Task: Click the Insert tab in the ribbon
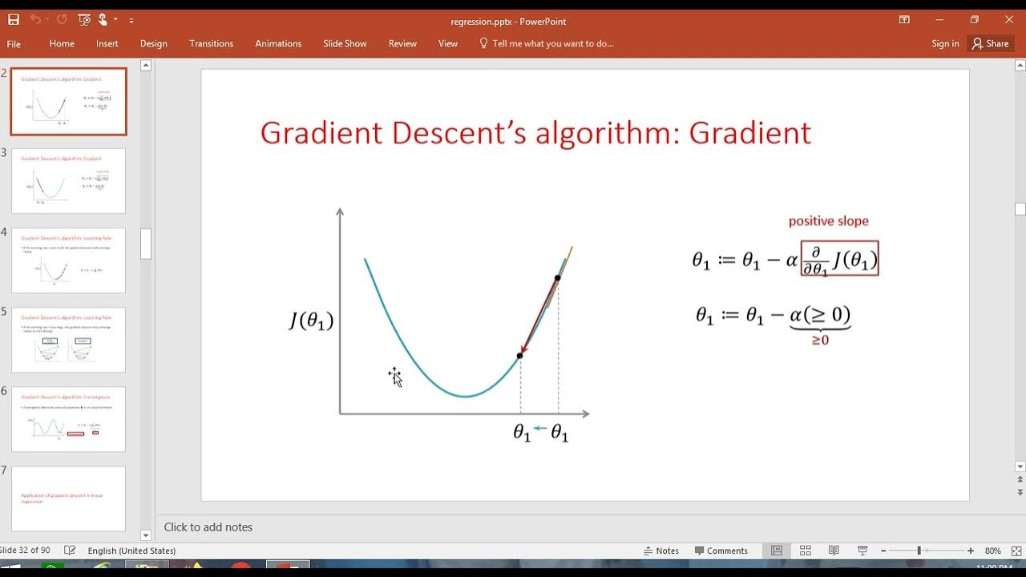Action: pyautogui.click(x=107, y=44)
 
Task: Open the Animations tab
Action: pyautogui.click(x=278, y=44)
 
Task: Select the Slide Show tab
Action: pyautogui.click(x=345, y=44)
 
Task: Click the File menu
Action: pyautogui.click(x=14, y=44)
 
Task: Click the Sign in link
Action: pyautogui.click(x=945, y=44)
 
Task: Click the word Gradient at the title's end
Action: pyautogui.click(x=749, y=133)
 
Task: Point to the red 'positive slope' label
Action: pyautogui.click(x=828, y=221)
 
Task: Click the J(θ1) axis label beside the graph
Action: pyautogui.click(x=311, y=321)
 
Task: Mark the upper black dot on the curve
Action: pyautogui.click(x=558, y=278)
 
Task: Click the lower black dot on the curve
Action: pyautogui.click(x=520, y=355)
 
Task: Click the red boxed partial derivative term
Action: pyautogui.click(x=839, y=259)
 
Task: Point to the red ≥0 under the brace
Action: pyautogui.click(x=820, y=341)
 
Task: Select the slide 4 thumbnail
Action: pyautogui.click(x=69, y=260)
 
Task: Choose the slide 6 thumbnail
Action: pyautogui.click(x=69, y=419)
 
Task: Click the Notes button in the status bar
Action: pyautogui.click(x=661, y=551)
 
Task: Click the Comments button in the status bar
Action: pyautogui.click(x=721, y=551)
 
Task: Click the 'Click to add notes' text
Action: pyautogui.click(x=208, y=527)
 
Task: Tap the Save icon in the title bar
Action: pyautogui.click(x=14, y=19)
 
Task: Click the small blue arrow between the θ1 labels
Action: pyautogui.click(x=540, y=429)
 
